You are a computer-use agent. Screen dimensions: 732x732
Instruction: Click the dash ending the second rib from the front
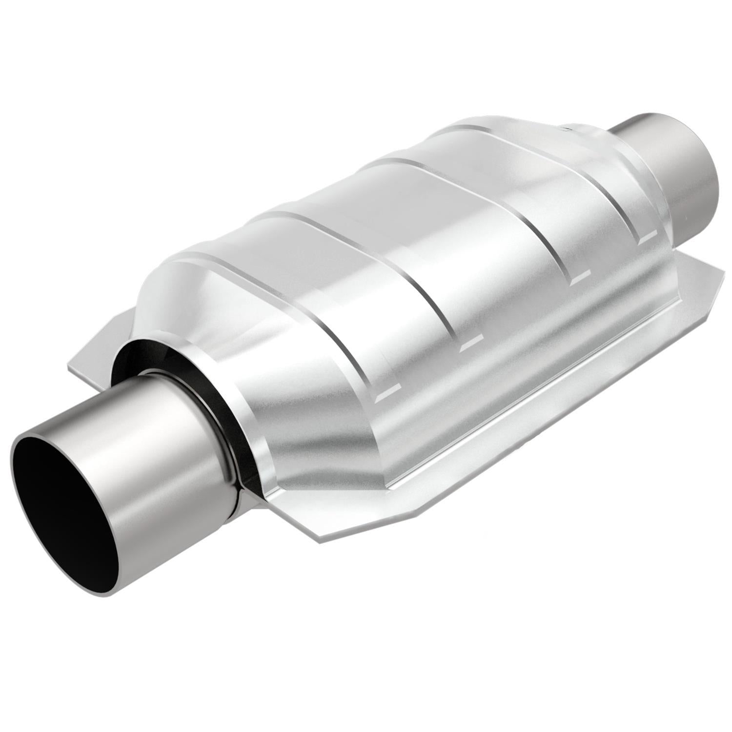469,345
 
